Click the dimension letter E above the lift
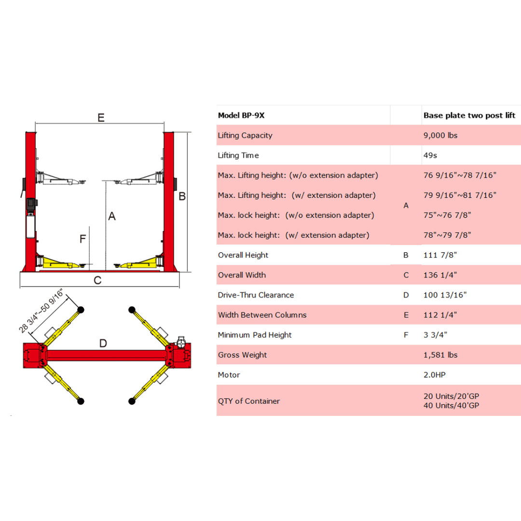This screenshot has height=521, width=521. (x=101, y=118)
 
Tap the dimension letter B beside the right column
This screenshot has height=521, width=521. (x=182, y=196)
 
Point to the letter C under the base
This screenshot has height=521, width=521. (x=97, y=280)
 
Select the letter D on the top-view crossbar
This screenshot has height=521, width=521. (x=103, y=343)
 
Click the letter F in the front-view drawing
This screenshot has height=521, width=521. (x=82, y=239)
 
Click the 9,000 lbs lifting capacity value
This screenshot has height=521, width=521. (x=440, y=135)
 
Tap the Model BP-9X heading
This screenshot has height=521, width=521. (x=241, y=115)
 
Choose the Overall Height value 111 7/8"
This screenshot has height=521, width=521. (x=439, y=255)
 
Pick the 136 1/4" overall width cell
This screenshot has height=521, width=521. (x=440, y=275)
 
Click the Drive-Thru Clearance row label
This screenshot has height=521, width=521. (x=256, y=295)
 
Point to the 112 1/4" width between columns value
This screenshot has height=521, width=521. (x=440, y=315)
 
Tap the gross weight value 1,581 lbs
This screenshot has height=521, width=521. (x=440, y=355)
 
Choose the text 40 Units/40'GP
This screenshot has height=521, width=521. (x=451, y=406)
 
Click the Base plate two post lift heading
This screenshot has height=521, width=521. (x=469, y=115)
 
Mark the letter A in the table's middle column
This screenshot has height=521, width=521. (x=406, y=206)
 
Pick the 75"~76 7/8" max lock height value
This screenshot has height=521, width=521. (x=447, y=215)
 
